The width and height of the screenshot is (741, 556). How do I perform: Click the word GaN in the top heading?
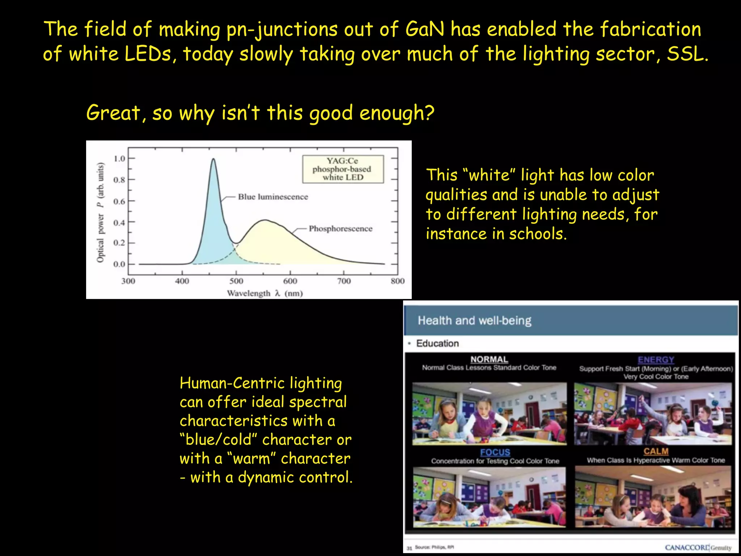(424, 29)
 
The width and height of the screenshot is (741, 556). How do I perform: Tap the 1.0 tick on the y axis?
(119, 159)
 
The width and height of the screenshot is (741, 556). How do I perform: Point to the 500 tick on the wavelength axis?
(236, 281)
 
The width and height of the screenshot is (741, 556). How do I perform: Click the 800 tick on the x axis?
(397, 281)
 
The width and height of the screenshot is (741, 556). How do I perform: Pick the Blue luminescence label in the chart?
(273, 197)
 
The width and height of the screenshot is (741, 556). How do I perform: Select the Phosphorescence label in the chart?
(340, 229)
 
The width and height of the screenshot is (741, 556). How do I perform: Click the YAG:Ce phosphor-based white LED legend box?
(343, 169)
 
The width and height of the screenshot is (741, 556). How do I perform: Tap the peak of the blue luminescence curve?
(213, 159)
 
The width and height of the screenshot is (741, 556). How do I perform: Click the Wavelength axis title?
(264, 293)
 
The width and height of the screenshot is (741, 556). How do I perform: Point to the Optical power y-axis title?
(100, 212)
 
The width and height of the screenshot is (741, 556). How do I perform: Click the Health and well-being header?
(474, 321)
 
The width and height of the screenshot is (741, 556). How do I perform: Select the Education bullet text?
(437, 343)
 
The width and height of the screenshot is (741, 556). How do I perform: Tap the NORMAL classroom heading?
(489, 359)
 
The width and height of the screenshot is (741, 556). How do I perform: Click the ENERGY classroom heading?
(656, 360)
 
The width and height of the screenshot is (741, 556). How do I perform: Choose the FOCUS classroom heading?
(495, 452)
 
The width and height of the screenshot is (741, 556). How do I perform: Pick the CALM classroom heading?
(656, 451)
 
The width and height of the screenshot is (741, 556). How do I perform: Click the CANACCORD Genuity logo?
(698, 548)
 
